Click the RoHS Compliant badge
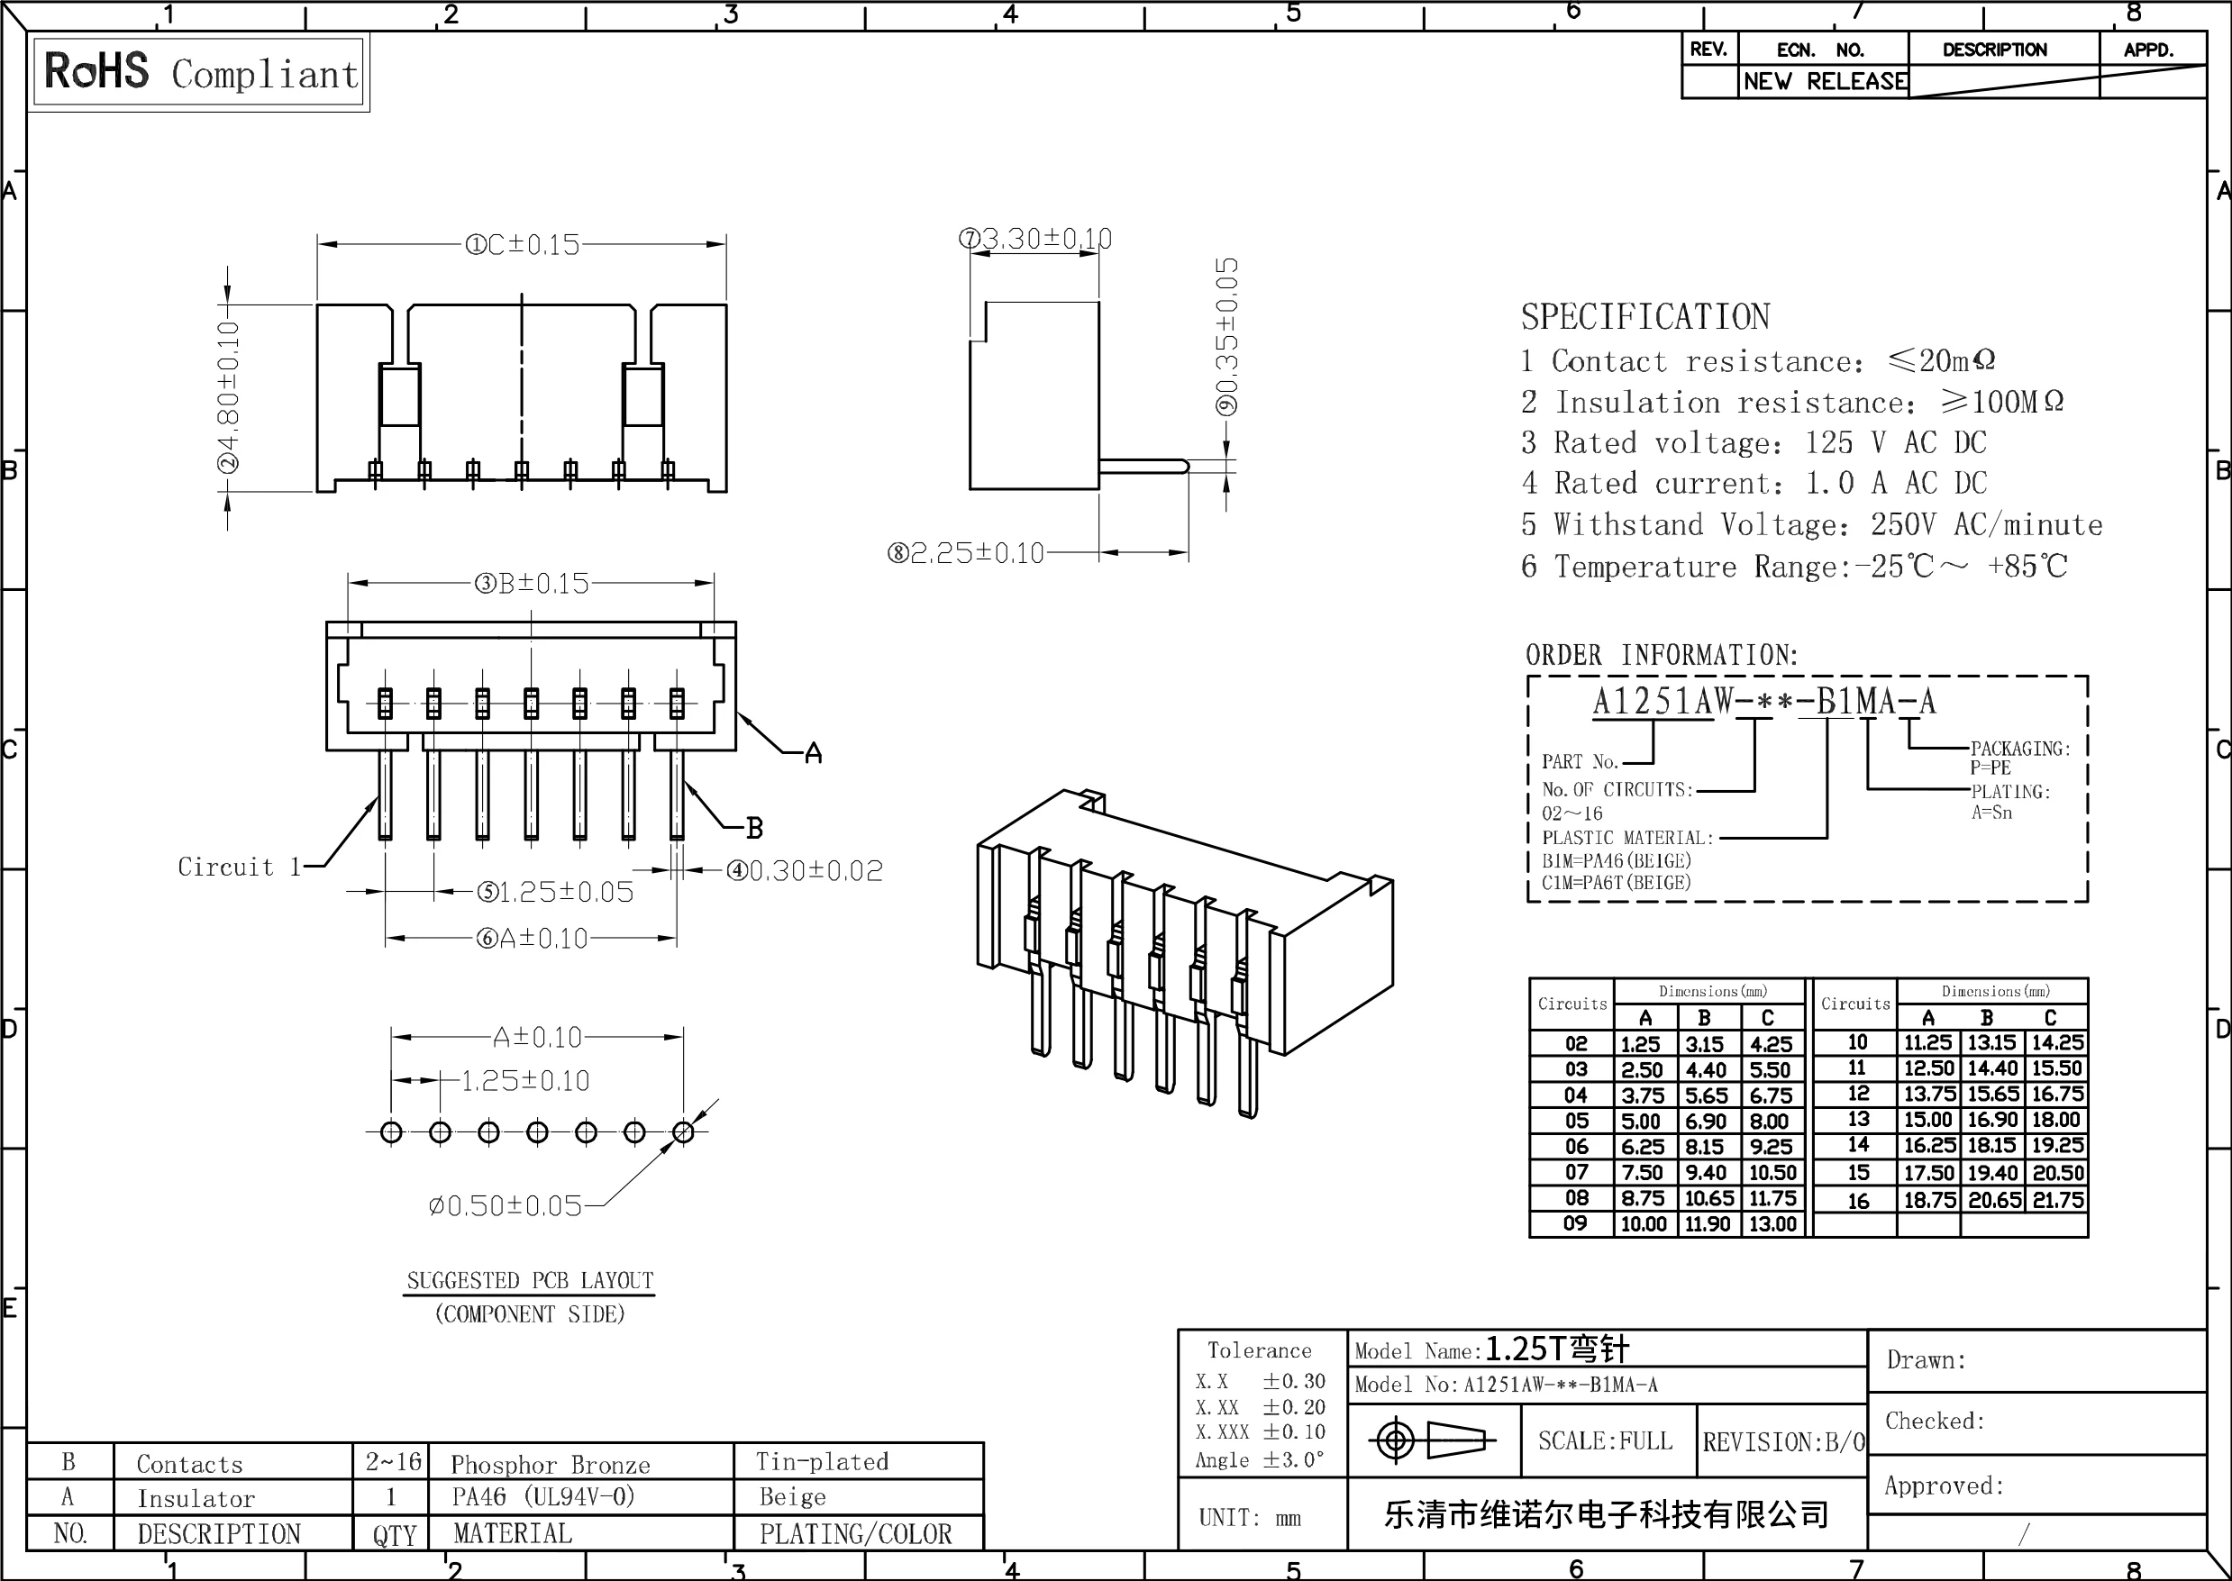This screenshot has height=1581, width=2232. [200, 73]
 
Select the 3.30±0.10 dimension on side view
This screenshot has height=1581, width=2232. [1035, 239]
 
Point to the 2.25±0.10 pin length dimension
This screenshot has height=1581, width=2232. [965, 554]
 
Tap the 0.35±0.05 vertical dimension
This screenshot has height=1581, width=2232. [1228, 336]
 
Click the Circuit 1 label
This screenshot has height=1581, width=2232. [240, 867]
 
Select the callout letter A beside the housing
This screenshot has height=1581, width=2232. [813, 753]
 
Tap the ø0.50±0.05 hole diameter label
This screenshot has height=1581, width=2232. [505, 1206]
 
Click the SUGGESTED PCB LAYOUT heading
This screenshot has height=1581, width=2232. [530, 1281]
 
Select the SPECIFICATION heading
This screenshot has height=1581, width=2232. [1644, 317]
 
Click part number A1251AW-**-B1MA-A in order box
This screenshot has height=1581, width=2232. [1763, 702]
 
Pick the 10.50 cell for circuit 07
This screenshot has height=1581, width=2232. [1772, 1173]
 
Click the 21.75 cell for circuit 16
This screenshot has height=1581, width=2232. [2056, 1200]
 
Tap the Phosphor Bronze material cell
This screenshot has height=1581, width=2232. [551, 1464]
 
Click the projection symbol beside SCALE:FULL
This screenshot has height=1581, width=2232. [1432, 1440]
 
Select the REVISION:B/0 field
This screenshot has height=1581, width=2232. [1782, 1441]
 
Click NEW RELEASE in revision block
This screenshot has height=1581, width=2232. [1824, 82]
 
